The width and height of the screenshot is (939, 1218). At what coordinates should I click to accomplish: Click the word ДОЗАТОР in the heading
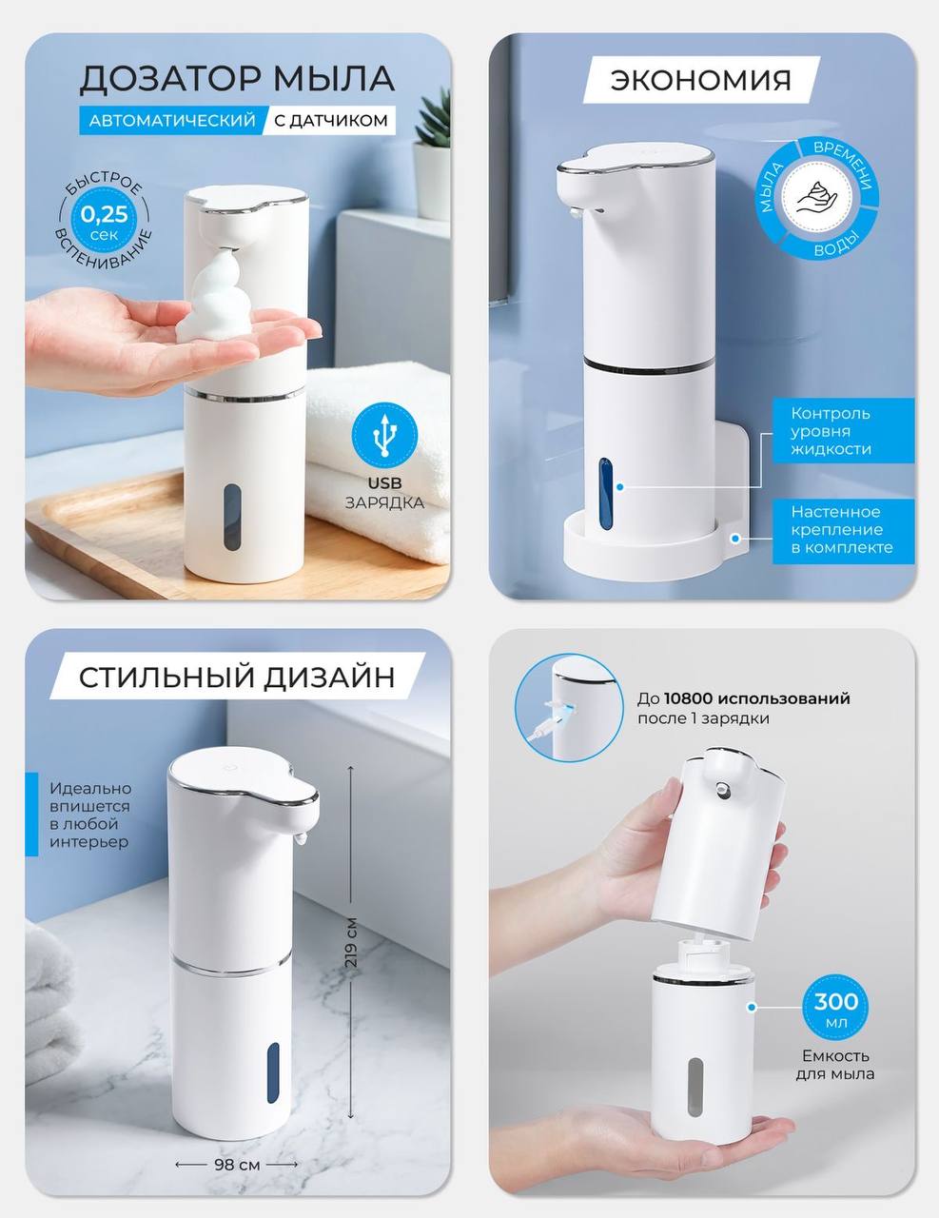coord(170,79)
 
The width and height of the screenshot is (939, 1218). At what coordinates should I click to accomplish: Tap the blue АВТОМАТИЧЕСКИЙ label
coord(172,121)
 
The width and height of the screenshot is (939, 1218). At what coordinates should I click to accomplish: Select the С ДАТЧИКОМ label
coord(331,121)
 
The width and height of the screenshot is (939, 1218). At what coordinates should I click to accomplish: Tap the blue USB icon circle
coord(384,436)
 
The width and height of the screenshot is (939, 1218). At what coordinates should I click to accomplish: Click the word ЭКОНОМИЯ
coord(701,80)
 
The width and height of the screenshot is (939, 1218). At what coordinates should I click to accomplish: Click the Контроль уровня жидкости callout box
coord(843,430)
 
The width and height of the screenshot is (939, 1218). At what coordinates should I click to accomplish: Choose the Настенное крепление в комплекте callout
coord(843,530)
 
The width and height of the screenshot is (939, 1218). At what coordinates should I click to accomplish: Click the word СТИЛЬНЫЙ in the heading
coord(166,677)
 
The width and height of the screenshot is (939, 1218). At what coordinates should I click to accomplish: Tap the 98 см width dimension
coord(237,1164)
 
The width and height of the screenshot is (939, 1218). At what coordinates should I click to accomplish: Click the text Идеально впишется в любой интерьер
coord(90,815)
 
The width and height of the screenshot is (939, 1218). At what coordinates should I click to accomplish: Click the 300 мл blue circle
coord(835,1008)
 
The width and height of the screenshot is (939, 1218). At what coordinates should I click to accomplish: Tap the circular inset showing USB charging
coord(569,709)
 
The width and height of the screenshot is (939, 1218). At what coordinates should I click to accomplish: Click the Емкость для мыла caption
coord(835,1073)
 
